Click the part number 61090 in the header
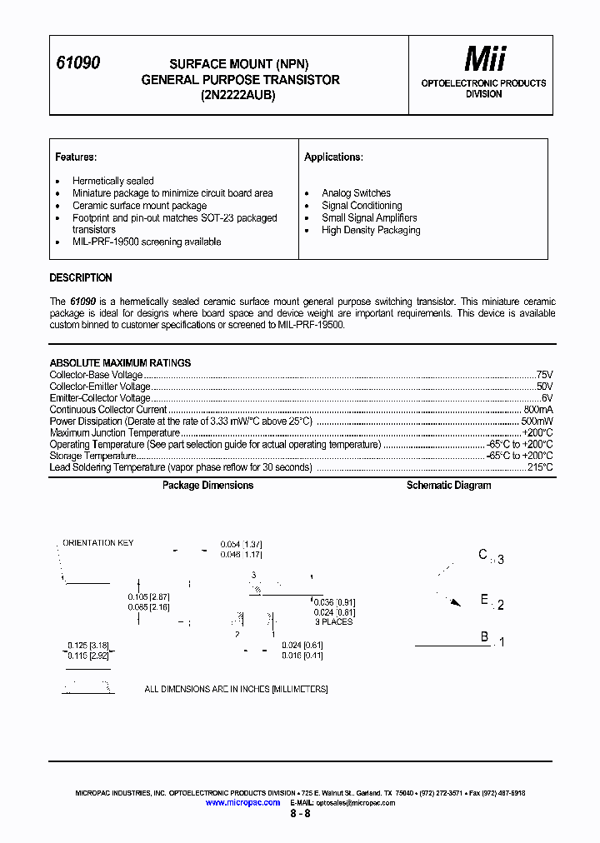pyautogui.click(x=77, y=63)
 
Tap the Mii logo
pyautogui.click(x=484, y=59)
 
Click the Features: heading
pyautogui.click(x=76, y=157)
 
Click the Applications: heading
pyautogui.click(x=333, y=157)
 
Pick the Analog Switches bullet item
pyautogui.click(x=356, y=193)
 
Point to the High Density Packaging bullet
pyautogui.click(x=371, y=231)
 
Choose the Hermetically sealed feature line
pyautogui.click(x=112, y=181)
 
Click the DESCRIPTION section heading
pyautogui.click(x=81, y=278)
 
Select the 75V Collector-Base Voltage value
pyautogui.click(x=544, y=375)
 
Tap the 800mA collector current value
pyautogui.click(x=537, y=410)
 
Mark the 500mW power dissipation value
pyautogui.click(x=537, y=421)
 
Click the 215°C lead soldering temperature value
pyautogui.click(x=539, y=467)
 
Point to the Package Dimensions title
pyautogui.click(x=207, y=486)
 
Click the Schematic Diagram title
pyautogui.click(x=448, y=486)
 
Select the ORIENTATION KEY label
pyautogui.click(x=98, y=543)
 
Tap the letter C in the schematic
pyautogui.click(x=482, y=555)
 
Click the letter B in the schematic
pyautogui.click(x=484, y=637)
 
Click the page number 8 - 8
pyautogui.click(x=300, y=814)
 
